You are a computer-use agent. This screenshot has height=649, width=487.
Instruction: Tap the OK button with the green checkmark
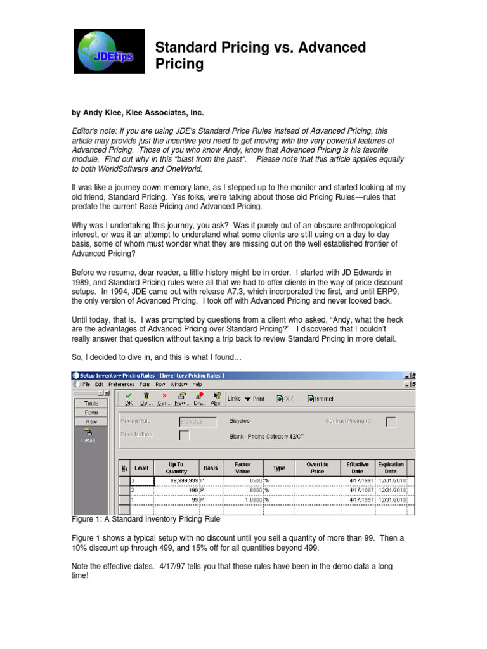point(129,398)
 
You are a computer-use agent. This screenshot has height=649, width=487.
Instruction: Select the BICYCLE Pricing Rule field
point(198,421)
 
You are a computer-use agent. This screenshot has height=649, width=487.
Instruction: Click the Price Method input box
point(184,435)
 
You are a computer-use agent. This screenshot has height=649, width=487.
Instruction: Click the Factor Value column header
point(242,468)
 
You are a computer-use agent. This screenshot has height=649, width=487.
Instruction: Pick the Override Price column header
point(317,468)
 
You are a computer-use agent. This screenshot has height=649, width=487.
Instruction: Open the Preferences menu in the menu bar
point(121,384)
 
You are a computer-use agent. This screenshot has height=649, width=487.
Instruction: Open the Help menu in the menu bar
point(197,384)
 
